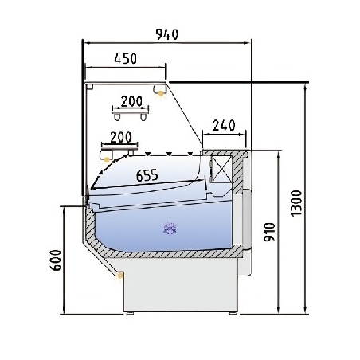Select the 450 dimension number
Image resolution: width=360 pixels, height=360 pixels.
[x=125, y=58]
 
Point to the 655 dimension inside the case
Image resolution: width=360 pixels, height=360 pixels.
[x=147, y=176]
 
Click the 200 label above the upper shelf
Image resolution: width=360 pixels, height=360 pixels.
[x=132, y=100]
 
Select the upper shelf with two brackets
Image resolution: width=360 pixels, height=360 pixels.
[x=132, y=112]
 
